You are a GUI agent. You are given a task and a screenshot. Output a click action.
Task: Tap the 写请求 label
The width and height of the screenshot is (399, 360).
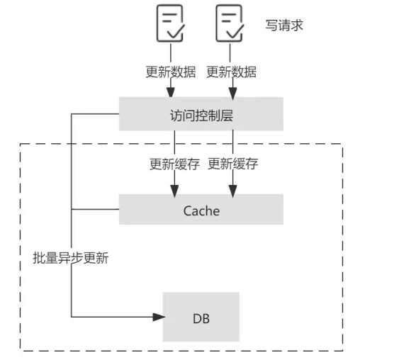[284, 25]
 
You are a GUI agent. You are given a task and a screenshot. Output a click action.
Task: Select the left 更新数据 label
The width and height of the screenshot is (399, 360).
[171, 72]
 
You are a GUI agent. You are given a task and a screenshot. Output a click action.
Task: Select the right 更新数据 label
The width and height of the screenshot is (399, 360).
[231, 72]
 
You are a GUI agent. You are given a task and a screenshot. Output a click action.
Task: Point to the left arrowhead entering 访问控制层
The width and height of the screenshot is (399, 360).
[171, 92]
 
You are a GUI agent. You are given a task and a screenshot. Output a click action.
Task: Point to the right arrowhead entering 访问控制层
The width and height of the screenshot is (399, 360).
[231, 92]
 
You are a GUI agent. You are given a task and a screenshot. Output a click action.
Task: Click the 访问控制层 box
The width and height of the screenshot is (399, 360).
[201, 114]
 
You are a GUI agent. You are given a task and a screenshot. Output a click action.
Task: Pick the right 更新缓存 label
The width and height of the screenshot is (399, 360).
[233, 164]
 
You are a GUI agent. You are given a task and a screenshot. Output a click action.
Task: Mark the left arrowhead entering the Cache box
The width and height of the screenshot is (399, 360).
[173, 189]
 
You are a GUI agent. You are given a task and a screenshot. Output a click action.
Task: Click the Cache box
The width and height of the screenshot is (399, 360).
[201, 210]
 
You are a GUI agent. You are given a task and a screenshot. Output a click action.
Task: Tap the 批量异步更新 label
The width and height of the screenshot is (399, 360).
[71, 259]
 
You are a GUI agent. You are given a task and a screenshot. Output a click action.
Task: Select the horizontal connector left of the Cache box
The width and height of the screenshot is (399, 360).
[95, 210]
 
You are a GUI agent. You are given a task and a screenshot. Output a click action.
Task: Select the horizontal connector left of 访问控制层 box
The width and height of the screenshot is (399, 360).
[95, 113]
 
